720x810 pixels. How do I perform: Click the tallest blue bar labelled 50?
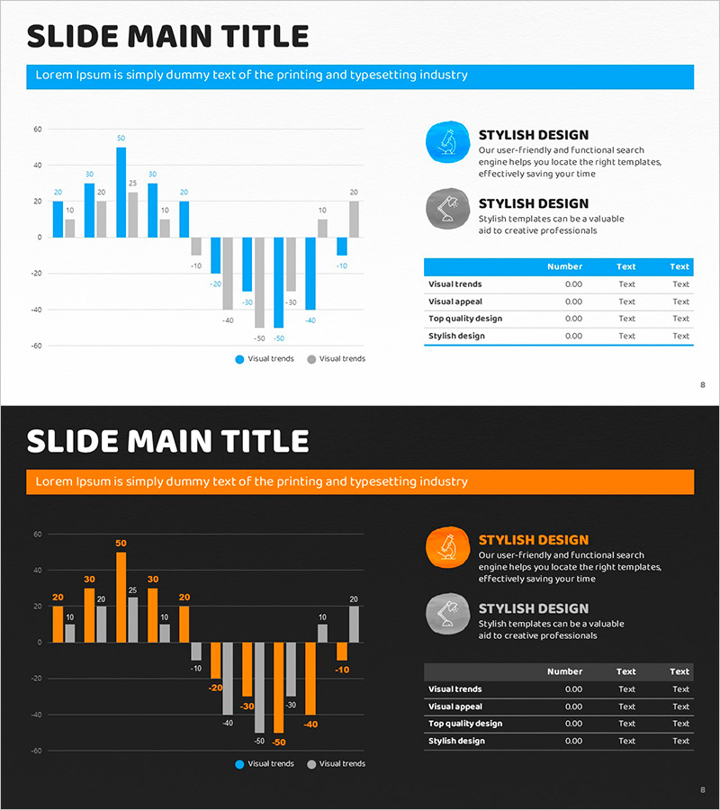click(121, 192)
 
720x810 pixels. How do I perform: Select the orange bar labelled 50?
click(121, 597)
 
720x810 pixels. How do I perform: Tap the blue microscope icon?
click(447, 142)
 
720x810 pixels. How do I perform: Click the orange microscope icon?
click(447, 547)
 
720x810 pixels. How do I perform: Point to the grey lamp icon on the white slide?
click(447, 210)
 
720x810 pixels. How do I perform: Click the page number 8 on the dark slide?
click(702, 790)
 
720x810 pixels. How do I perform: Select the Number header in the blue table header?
click(564, 266)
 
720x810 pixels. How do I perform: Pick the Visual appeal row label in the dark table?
click(455, 706)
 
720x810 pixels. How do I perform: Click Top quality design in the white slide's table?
click(465, 319)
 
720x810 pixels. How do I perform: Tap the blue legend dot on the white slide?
click(239, 359)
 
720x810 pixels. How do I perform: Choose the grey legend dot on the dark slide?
click(311, 764)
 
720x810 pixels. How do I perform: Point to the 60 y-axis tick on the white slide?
click(37, 130)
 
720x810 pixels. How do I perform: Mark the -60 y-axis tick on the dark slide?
click(36, 751)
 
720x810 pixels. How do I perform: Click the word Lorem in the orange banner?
click(52, 481)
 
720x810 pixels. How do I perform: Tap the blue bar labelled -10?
click(342, 247)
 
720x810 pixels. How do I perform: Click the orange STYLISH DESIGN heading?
click(534, 540)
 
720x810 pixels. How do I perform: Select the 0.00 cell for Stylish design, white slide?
click(573, 336)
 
